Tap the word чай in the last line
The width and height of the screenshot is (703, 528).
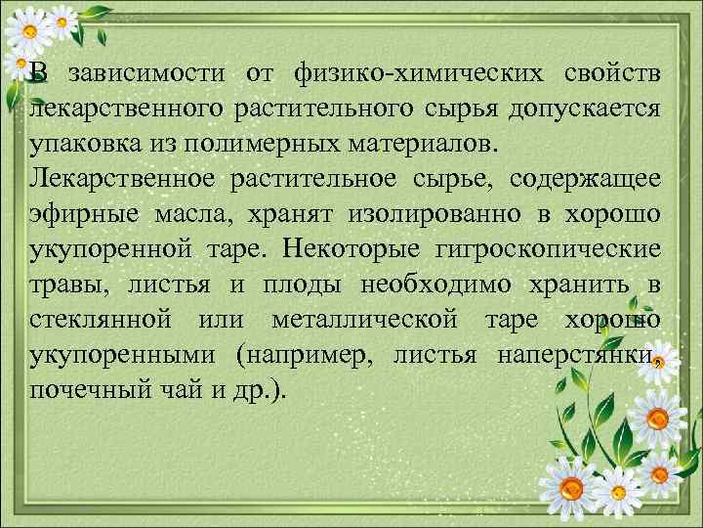tap(161, 388)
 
